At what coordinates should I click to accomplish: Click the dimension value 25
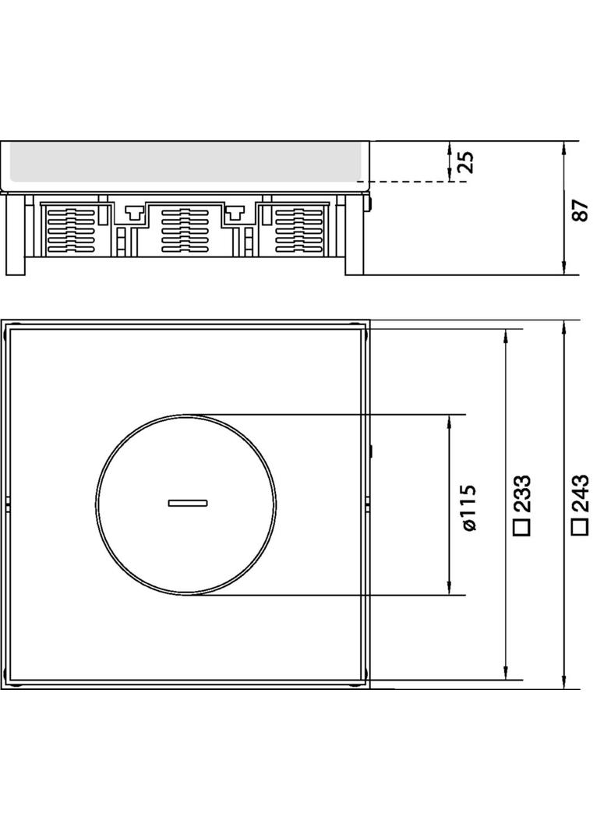[x=465, y=162]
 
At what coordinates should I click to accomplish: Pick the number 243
[x=579, y=493]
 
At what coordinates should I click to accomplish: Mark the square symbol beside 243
[x=579, y=526]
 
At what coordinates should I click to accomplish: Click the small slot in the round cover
[x=187, y=503]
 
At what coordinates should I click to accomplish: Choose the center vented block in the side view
[x=185, y=230]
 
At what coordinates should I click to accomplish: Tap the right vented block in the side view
[x=298, y=230]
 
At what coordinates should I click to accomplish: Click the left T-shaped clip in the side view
[x=133, y=210]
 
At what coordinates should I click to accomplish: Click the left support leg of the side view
[x=15, y=234]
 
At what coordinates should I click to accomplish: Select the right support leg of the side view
[x=354, y=234]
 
